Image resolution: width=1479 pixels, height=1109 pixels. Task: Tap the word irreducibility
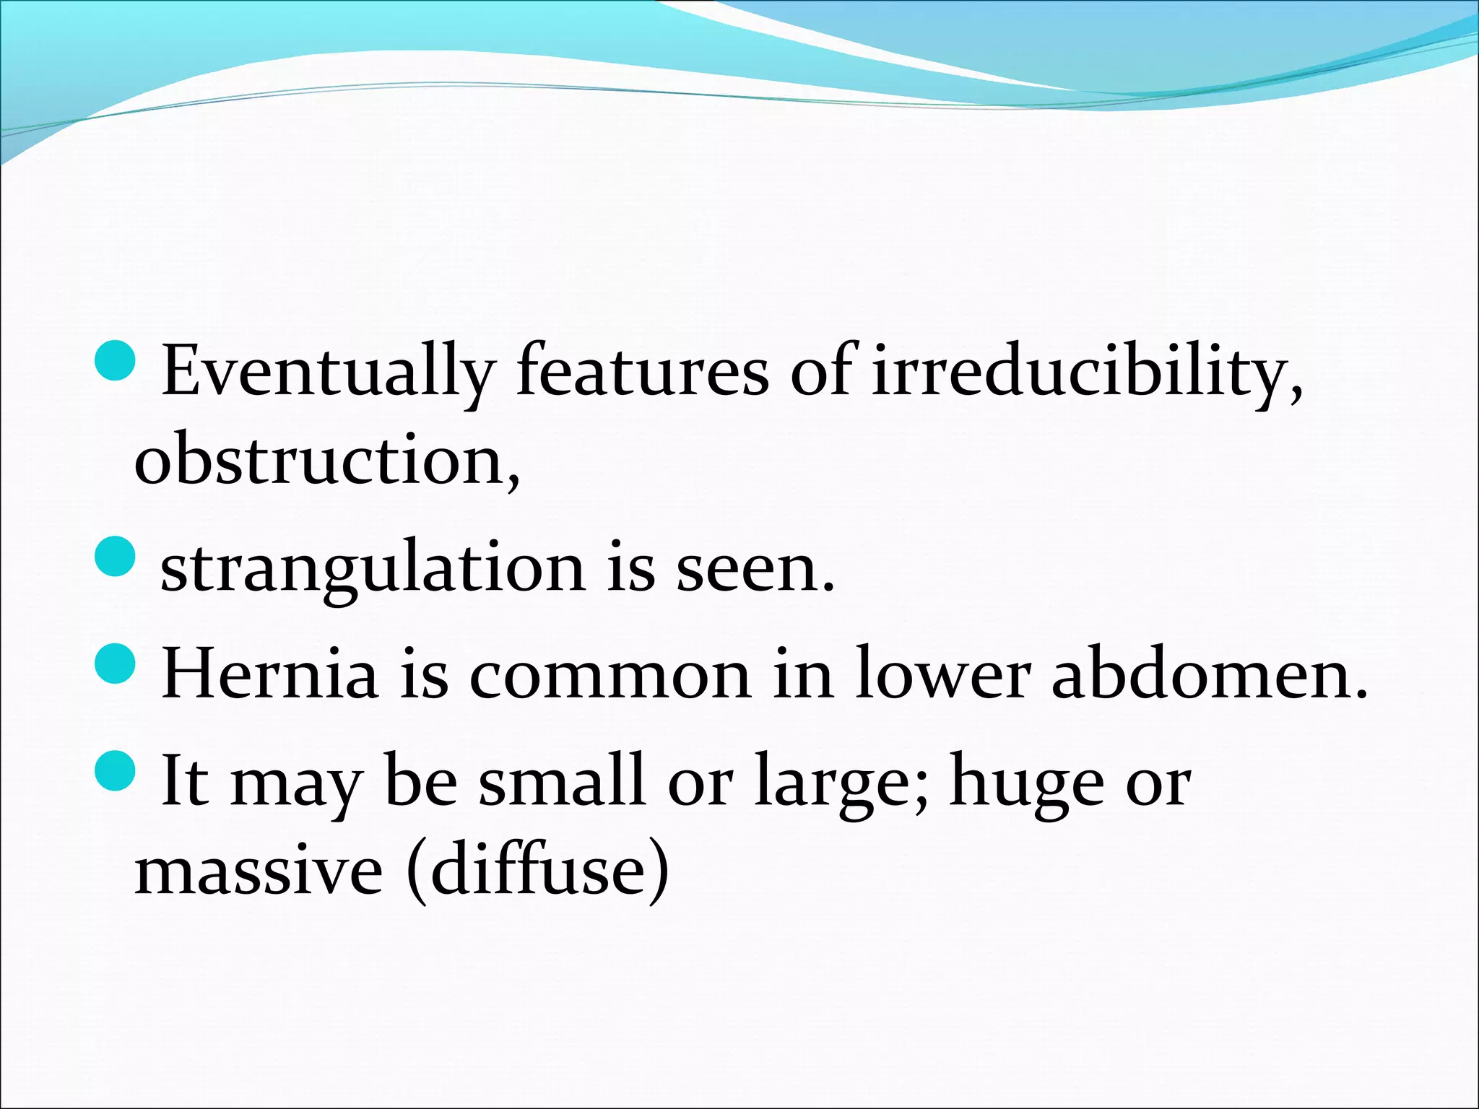(1083, 373)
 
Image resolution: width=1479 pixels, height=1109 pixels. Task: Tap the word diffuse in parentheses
(539, 870)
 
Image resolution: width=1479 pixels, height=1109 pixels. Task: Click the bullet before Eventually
(115, 361)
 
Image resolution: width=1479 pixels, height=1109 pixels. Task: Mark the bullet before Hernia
(115, 664)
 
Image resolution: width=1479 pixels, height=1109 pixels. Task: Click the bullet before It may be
(115, 770)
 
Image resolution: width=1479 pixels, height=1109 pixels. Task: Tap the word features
(642, 373)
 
